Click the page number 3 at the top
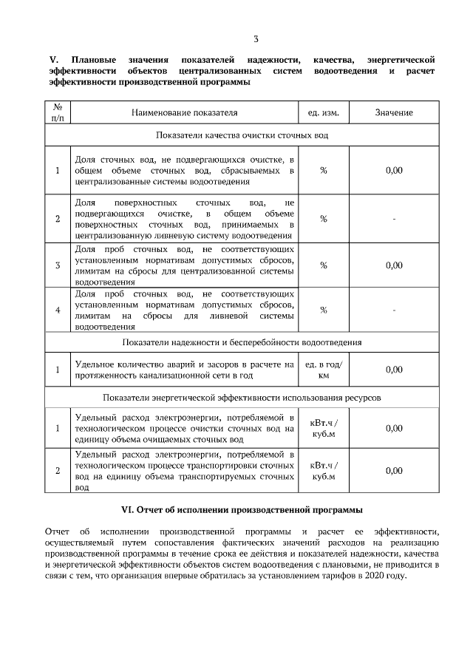[x=255, y=39]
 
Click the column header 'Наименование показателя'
[x=185, y=112]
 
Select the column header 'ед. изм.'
[x=323, y=112]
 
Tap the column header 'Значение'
[x=393, y=112]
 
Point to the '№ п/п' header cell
[x=58, y=112]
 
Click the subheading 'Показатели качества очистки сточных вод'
[x=242, y=136]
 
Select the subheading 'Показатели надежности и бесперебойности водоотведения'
[x=242, y=343]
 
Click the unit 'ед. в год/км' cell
[x=323, y=370]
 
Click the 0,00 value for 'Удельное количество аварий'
[x=394, y=370]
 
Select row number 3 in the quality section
[x=58, y=265]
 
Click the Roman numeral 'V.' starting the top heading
[x=53, y=58]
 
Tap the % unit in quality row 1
[x=323, y=171]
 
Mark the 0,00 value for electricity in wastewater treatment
[x=394, y=428]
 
